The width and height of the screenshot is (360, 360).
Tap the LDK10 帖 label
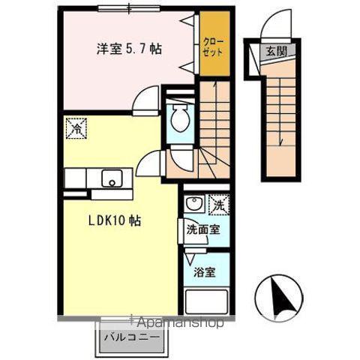pyautogui.click(x=115, y=221)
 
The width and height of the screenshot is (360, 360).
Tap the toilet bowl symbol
pyautogui.click(x=180, y=118)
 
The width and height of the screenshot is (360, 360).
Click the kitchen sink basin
pyautogui.click(x=112, y=179)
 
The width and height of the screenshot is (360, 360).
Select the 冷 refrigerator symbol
pyautogui.click(x=76, y=128)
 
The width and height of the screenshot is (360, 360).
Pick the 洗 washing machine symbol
pyautogui.click(x=217, y=205)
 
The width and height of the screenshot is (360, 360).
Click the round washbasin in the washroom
pyautogui.click(x=192, y=203)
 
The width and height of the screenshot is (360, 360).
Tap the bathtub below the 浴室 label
pyautogui.click(x=205, y=303)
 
